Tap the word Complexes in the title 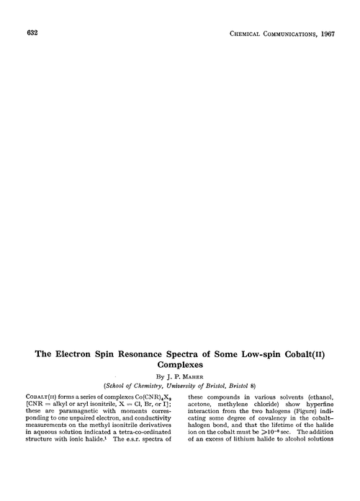[x=180, y=366]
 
